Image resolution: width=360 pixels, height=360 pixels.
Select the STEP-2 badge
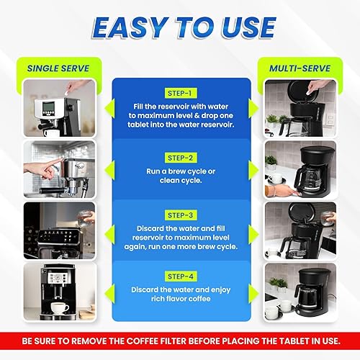pos(180,157)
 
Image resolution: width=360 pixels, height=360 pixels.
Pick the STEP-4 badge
pos(180,275)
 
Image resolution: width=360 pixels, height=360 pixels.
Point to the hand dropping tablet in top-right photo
pos(317,87)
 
